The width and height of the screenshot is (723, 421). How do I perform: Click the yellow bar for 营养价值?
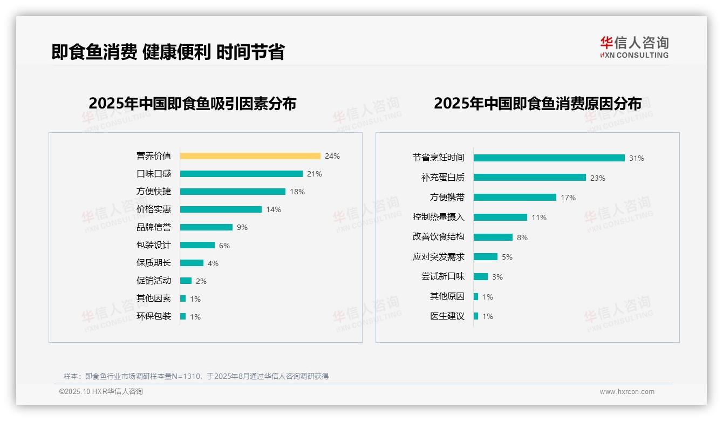coord(250,156)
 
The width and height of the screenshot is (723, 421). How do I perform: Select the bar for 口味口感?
coord(241,174)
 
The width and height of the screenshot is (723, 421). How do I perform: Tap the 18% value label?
coord(297,192)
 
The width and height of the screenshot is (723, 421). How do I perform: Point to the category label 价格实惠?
coord(154,209)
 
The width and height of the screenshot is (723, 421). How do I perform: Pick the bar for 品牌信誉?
coord(206,227)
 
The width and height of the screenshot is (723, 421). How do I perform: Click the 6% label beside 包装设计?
coord(224,246)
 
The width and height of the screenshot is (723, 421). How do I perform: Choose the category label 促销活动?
coord(154,281)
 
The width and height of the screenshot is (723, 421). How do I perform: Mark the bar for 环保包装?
coord(183,316)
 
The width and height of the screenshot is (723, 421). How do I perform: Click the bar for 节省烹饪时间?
coord(549,158)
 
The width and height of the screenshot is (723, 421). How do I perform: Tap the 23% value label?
coord(598,178)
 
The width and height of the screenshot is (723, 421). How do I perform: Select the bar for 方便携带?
coord(515,198)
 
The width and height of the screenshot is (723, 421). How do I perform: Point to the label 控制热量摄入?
coord(439,217)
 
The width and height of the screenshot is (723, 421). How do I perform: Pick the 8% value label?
coord(522,237)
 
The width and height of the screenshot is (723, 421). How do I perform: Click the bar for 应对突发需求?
coord(486,257)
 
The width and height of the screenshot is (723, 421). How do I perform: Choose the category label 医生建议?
coord(447,316)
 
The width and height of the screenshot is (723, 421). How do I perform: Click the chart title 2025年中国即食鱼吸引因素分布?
coord(193,104)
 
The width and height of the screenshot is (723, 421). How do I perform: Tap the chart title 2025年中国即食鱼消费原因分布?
coord(537,104)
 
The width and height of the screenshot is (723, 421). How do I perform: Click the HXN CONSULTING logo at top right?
coord(634,47)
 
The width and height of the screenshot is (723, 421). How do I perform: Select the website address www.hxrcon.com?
coord(627,392)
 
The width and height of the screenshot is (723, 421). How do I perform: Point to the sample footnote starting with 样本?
coord(196,376)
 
